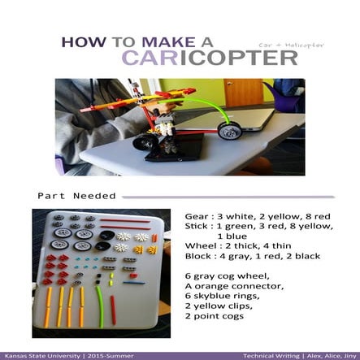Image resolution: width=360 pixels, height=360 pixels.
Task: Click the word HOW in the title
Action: click(80, 41)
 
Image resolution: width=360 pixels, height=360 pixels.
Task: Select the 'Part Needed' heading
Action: click(76, 195)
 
